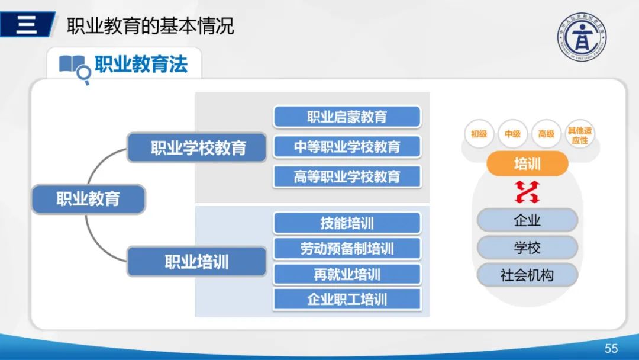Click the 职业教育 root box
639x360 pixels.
88,199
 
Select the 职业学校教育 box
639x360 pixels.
197,147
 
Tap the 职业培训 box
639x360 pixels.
197,262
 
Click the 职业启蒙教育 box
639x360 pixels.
347,117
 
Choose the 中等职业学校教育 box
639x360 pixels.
347,147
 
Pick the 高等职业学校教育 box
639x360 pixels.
347,176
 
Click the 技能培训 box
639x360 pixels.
347,223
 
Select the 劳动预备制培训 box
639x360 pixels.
347,249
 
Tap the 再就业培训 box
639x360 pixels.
347,274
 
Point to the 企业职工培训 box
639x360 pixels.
347,299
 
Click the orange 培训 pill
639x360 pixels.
527,163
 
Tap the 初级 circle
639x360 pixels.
479,134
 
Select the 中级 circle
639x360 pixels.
512,134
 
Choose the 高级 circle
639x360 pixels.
546,134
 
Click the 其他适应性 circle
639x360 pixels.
579,134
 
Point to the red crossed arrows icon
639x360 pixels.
527,191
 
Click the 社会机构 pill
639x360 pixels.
527,275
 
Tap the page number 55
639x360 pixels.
611,348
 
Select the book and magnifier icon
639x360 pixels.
75,67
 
